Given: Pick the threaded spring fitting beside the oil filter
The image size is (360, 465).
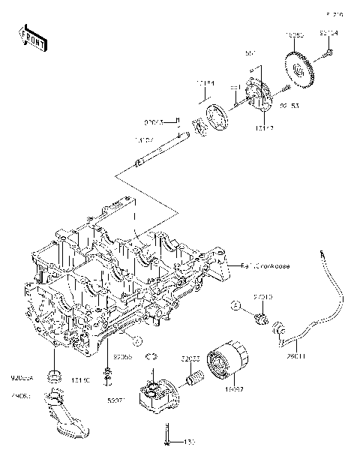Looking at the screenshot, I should pos(196,379).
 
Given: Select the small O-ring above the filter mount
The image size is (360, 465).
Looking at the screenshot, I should pos(151,357).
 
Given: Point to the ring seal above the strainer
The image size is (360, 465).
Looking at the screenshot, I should pos(54,373).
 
